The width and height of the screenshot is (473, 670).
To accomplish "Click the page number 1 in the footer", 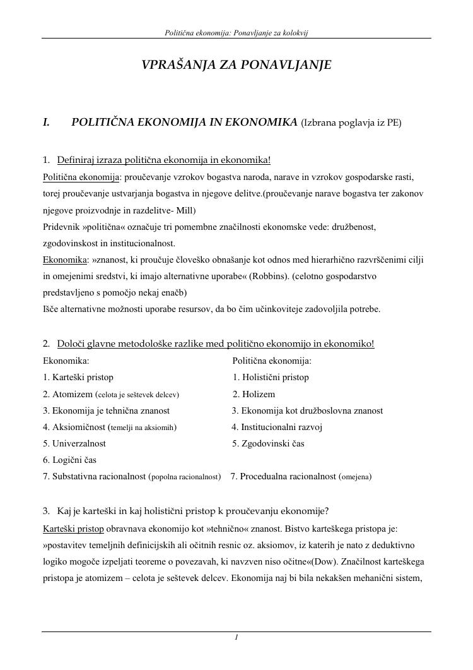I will [236, 638].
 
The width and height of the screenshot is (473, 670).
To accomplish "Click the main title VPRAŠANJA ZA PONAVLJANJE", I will [237, 65].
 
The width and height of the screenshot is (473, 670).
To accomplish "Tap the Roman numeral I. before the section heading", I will [46, 123].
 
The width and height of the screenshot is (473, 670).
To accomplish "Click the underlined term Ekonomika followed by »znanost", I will [65, 260].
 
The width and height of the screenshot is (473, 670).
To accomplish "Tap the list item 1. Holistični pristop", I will [271, 378].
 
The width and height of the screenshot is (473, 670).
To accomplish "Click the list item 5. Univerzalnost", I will [74, 444].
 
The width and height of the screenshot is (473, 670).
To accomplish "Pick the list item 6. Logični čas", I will [69, 460].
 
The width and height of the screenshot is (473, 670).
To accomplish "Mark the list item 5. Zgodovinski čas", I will [268, 444].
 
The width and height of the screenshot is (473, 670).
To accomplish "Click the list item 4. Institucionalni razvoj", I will [277, 428].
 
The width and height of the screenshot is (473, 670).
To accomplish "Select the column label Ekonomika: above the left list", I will [66, 361].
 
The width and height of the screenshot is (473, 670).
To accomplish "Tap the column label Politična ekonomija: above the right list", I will [272, 361].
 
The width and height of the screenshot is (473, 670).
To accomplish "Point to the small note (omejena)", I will [355, 477].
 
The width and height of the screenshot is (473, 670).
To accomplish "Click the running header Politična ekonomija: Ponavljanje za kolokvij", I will [236, 32].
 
